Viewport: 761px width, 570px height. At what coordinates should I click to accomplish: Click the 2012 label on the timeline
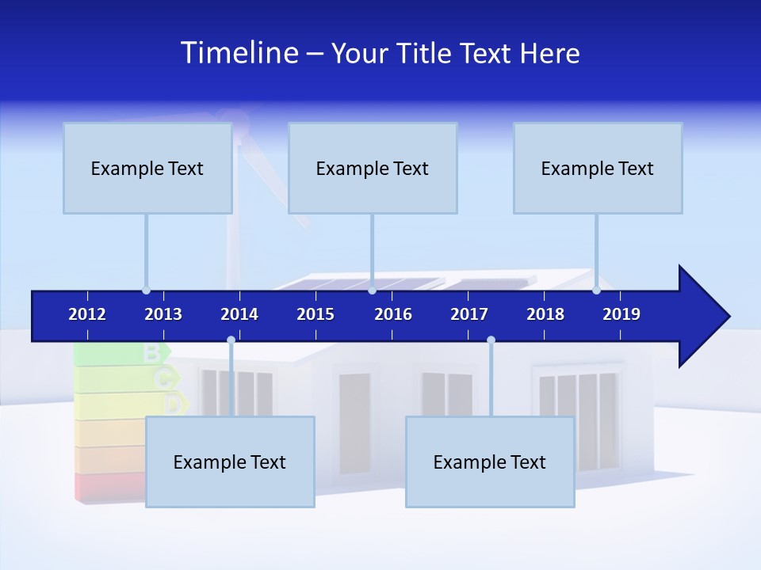tap(87, 314)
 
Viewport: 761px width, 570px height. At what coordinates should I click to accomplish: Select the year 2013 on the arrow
tap(163, 314)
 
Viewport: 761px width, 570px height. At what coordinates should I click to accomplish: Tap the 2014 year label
tap(239, 314)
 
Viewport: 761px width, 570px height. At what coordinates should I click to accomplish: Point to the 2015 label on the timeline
tap(315, 314)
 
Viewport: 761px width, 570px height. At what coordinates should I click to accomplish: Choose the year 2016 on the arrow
tap(393, 314)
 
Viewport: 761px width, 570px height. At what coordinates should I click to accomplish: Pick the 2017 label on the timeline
tap(469, 314)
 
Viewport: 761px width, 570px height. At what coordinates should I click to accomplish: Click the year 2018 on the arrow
tap(545, 314)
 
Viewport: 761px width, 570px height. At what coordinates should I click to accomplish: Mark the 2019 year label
tap(621, 314)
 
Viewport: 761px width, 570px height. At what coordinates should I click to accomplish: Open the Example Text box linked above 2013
tap(147, 168)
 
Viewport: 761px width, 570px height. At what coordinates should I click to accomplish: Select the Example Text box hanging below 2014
tap(230, 462)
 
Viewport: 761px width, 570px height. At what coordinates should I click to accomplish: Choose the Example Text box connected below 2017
tap(490, 462)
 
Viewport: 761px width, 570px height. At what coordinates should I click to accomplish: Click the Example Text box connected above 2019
tap(598, 168)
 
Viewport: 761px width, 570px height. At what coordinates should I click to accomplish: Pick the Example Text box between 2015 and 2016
tap(373, 168)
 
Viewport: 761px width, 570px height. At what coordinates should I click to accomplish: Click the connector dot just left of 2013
tap(146, 291)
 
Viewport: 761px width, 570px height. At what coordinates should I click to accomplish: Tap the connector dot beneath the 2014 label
tap(231, 340)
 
